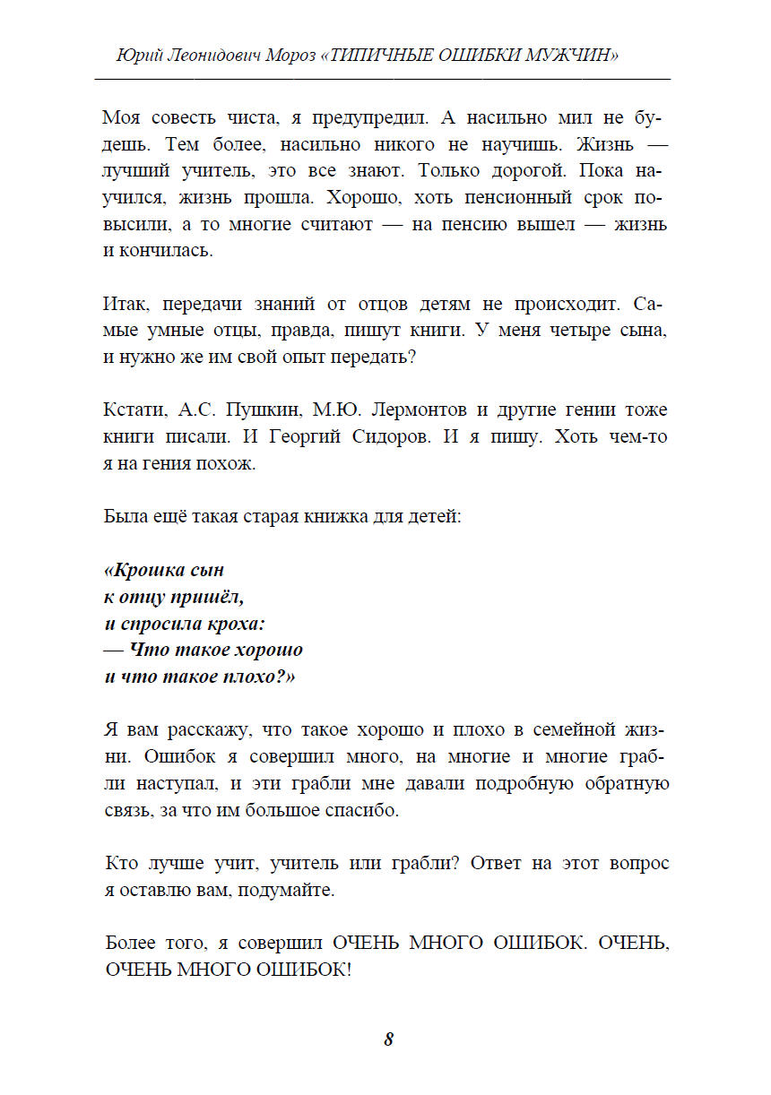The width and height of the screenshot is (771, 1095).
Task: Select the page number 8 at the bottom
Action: pos(388,1039)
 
